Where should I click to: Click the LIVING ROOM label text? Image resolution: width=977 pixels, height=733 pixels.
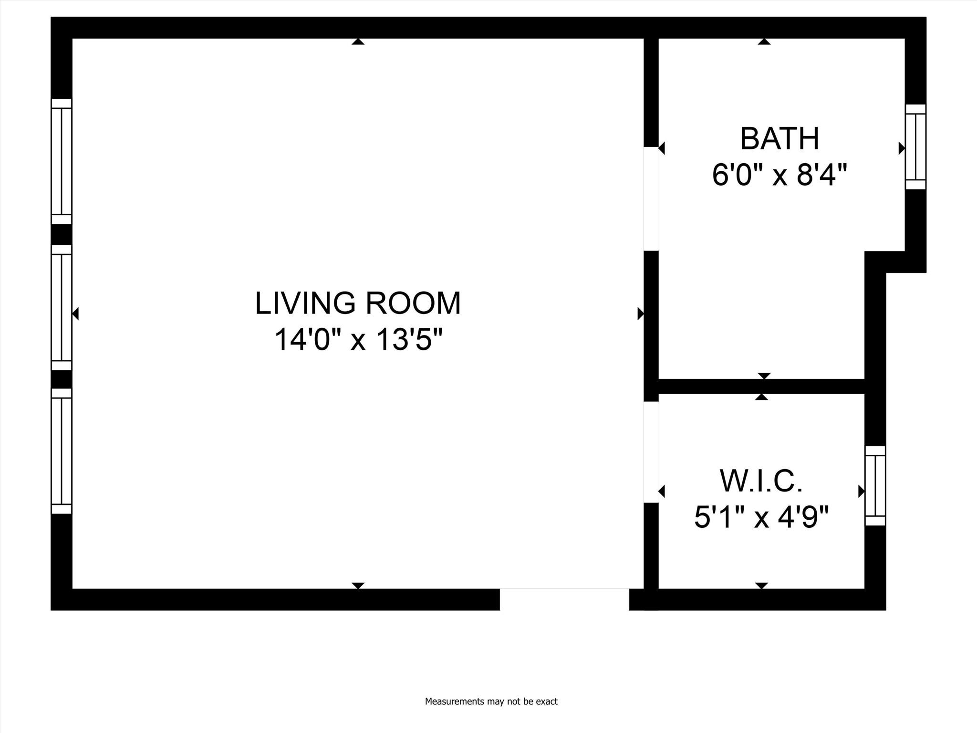tap(358, 304)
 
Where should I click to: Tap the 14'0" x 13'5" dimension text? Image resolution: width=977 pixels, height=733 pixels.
tap(358, 340)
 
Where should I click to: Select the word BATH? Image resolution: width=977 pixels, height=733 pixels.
tap(780, 139)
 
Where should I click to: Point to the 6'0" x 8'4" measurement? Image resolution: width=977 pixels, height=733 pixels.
tap(780, 175)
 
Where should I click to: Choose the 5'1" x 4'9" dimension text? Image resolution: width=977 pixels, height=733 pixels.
tap(761, 517)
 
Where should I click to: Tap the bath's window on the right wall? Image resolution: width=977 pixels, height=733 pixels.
tap(915, 147)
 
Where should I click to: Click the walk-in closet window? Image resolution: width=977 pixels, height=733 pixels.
tap(875, 486)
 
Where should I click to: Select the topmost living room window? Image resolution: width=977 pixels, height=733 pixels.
tap(62, 161)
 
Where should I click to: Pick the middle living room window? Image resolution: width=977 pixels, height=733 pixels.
tap(62, 308)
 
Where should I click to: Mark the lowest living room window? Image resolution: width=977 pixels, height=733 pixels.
tap(62, 451)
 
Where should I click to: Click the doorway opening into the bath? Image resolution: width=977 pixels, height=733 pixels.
tap(651, 199)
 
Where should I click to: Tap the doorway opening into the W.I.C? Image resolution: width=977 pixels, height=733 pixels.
tap(651, 452)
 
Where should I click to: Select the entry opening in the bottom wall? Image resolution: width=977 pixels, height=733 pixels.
tap(564, 599)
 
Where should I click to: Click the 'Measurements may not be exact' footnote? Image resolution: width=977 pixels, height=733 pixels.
tap(491, 702)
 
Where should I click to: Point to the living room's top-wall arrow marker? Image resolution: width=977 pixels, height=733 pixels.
tap(358, 42)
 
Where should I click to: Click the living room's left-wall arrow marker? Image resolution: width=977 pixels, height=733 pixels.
tap(75, 314)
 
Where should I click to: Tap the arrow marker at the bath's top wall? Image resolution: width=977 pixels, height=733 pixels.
tap(764, 42)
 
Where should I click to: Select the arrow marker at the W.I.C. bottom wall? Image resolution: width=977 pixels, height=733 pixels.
tap(762, 586)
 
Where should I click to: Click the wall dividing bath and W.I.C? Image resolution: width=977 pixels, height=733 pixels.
tap(761, 387)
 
